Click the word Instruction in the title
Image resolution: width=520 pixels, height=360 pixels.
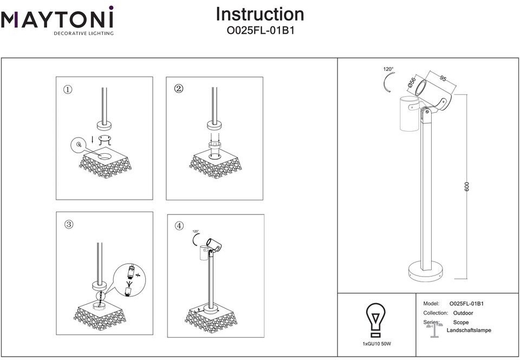[260, 14]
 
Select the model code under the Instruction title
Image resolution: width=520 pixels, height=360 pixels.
[260, 31]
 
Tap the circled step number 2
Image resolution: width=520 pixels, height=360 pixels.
[179, 89]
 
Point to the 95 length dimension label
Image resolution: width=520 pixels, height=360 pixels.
[443, 78]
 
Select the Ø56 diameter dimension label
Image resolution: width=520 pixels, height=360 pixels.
[412, 83]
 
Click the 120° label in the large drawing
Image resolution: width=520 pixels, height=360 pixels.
[388, 69]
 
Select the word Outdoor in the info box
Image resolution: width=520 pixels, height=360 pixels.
[463, 313]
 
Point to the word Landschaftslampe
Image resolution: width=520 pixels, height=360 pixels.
[469, 330]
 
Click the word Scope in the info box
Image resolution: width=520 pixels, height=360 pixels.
[461, 322]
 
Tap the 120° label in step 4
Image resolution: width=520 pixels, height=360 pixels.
[196, 231]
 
